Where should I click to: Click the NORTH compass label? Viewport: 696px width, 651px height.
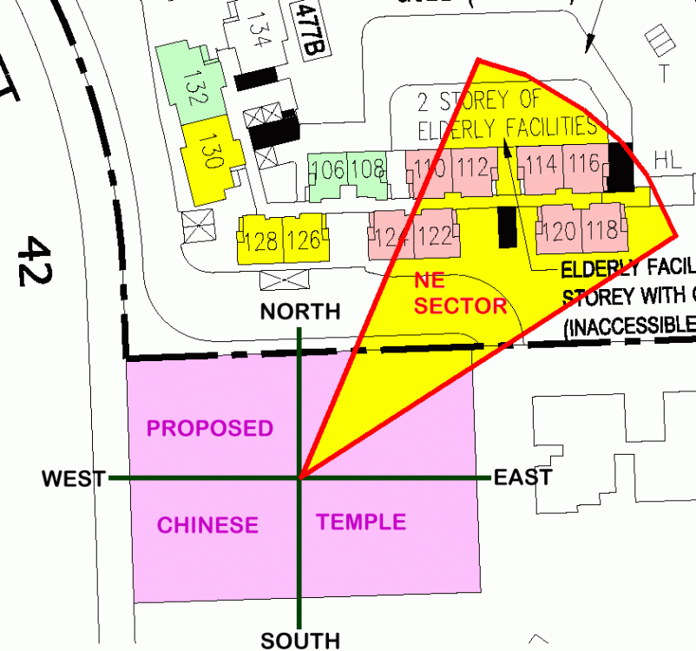(x=301, y=312)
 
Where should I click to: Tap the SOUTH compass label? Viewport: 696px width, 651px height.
(x=300, y=641)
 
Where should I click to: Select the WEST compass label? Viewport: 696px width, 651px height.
(x=74, y=478)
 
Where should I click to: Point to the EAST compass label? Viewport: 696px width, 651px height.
(x=522, y=477)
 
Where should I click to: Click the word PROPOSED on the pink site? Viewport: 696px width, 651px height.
(x=209, y=428)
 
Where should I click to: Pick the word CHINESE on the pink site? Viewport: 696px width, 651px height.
(x=207, y=525)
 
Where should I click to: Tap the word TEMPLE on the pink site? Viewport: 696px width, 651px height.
(x=361, y=522)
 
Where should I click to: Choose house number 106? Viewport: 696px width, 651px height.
(x=328, y=169)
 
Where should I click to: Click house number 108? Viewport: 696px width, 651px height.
(x=368, y=168)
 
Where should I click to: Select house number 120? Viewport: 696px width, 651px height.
(x=561, y=231)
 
